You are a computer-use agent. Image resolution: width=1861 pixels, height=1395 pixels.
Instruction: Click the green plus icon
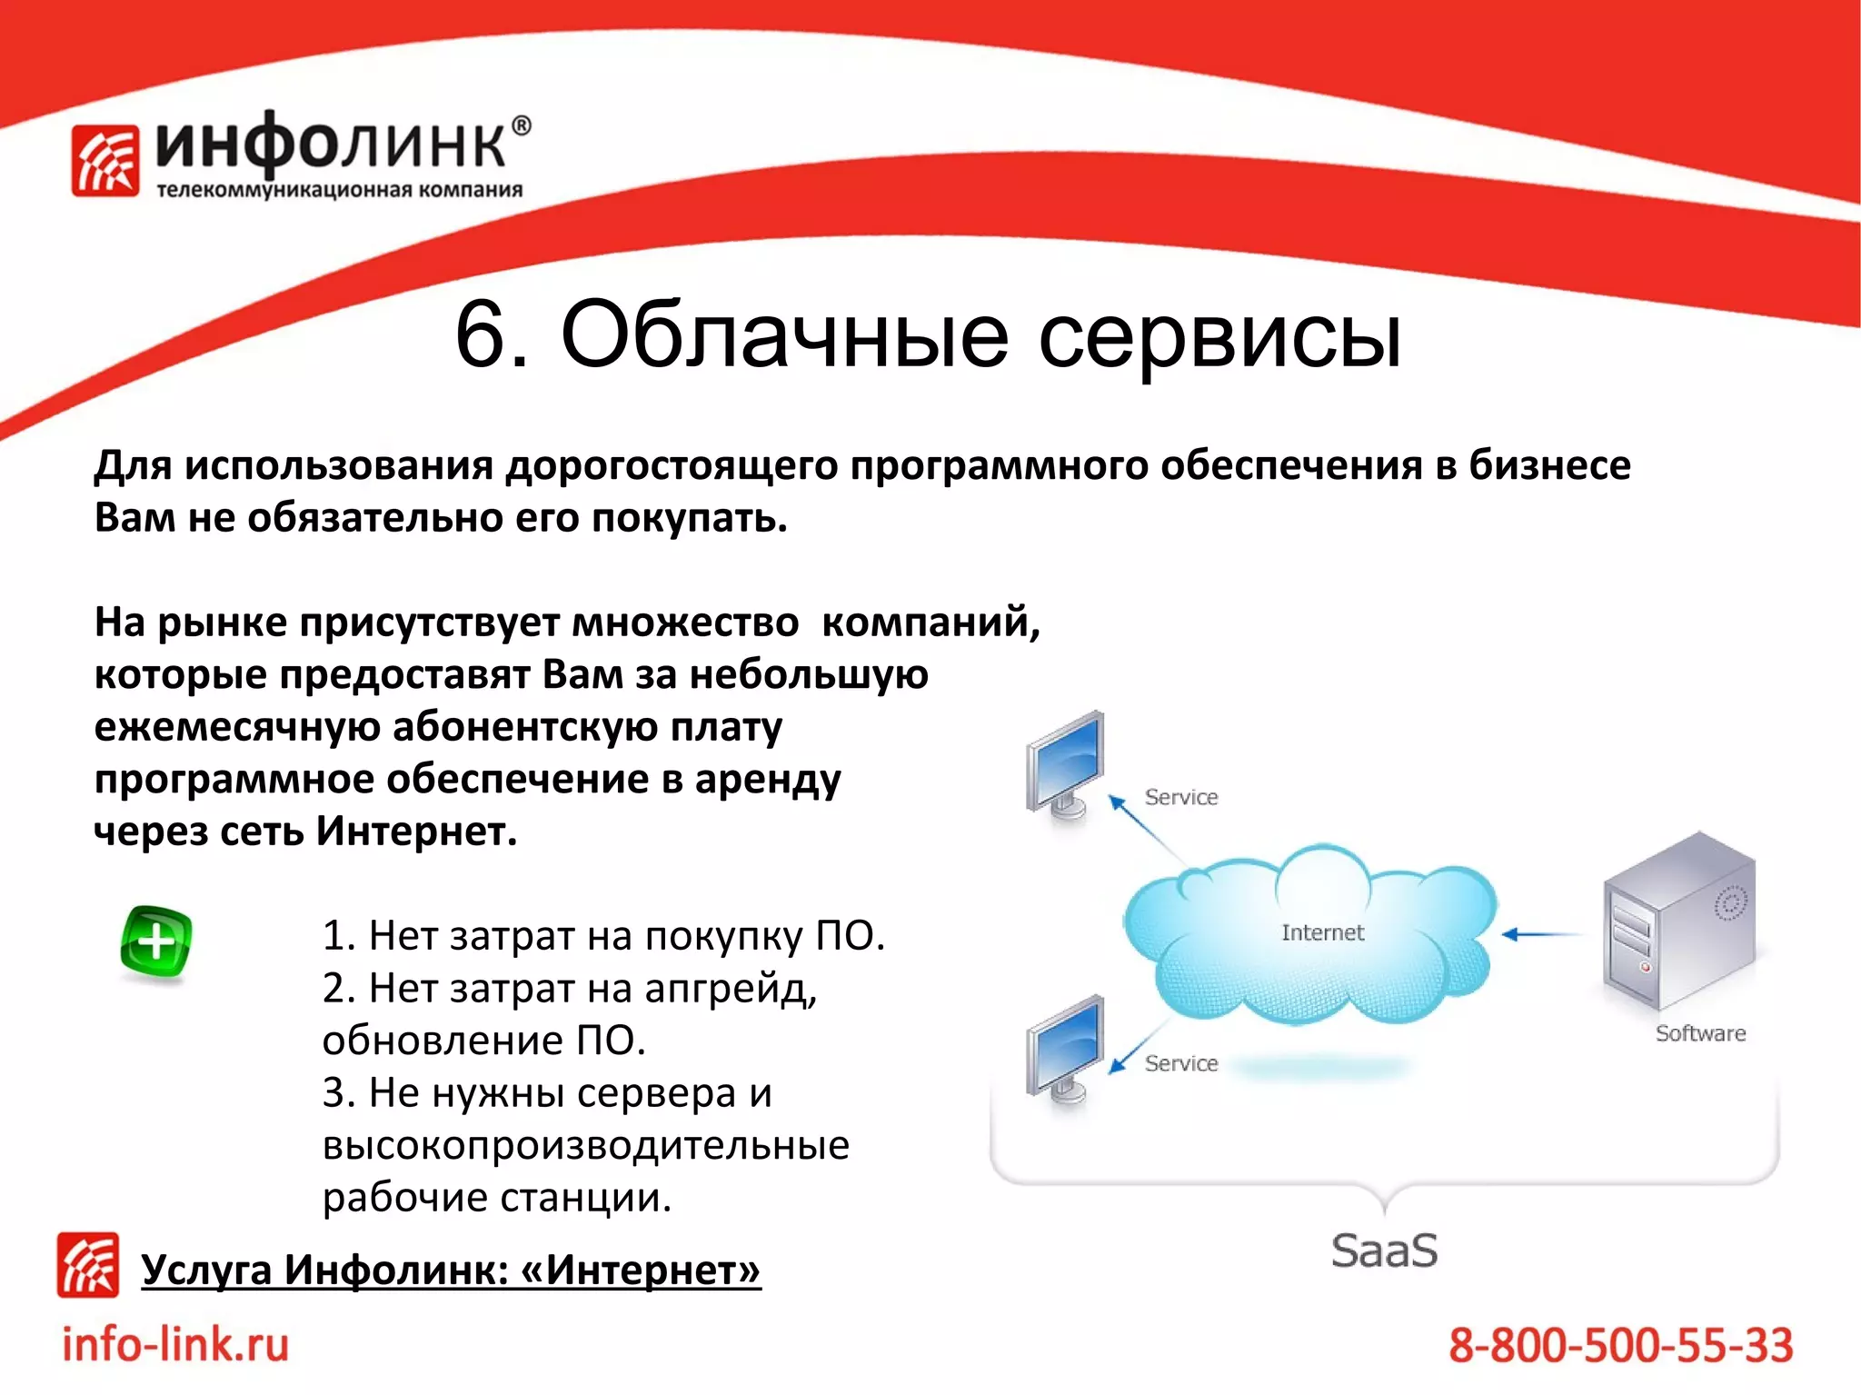tap(155, 942)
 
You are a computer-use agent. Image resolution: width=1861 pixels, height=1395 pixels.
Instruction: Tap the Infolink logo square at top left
tap(105, 160)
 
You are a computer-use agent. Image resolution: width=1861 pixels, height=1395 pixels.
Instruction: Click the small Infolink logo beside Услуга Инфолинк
tap(88, 1264)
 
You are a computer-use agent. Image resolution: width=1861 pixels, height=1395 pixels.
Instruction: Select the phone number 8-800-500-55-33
tap(1620, 1345)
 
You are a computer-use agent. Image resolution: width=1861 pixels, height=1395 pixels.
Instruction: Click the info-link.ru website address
tap(175, 1344)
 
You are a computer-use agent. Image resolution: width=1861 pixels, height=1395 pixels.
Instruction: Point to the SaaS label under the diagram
tap(1384, 1251)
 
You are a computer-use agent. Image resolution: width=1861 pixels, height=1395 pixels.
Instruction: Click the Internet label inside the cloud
tap(1322, 932)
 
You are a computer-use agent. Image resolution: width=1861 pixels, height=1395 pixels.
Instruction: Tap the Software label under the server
tap(1700, 1033)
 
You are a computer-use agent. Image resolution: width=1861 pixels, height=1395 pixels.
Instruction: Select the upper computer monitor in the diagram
tap(1066, 763)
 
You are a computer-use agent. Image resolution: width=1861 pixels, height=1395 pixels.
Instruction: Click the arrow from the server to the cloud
tap(1542, 934)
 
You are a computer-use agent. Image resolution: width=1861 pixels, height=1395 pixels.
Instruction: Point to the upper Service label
tap(1180, 797)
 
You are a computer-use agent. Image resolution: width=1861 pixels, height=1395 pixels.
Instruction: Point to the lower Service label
tap(1180, 1063)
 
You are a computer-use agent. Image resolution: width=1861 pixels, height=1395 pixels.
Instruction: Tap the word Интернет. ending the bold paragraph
tap(416, 831)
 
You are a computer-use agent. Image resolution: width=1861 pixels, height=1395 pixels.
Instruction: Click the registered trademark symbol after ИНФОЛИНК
tap(521, 126)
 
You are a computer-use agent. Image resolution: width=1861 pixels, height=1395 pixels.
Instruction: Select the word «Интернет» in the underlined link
tap(641, 1270)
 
